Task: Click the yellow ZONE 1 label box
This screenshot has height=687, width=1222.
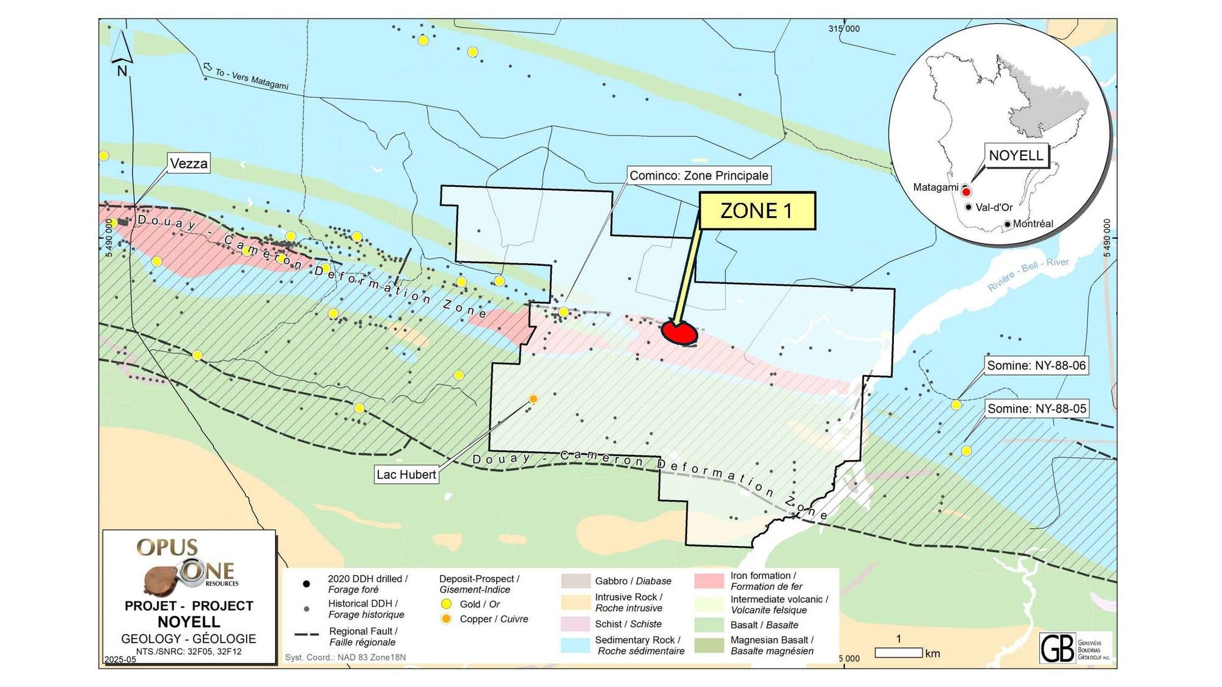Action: (x=756, y=211)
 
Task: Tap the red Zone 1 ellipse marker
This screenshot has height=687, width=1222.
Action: (x=679, y=333)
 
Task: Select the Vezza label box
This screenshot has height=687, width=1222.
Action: (x=189, y=164)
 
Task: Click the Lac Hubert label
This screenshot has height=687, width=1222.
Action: (x=406, y=474)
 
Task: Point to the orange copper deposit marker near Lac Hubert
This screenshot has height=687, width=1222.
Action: (x=533, y=399)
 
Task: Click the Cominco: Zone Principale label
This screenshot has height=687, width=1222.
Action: (x=698, y=176)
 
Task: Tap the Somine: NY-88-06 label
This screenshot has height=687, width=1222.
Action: (x=1036, y=366)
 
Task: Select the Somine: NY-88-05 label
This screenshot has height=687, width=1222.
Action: (x=1036, y=409)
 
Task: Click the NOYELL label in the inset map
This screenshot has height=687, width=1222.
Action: (x=1015, y=156)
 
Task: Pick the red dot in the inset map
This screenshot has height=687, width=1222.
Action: (x=966, y=192)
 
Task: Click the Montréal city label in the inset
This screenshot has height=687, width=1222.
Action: (x=1033, y=224)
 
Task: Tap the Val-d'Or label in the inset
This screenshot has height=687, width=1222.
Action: (x=994, y=208)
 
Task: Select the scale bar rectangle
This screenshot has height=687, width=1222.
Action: (x=898, y=653)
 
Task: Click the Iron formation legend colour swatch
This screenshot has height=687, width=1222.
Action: (x=709, y=581)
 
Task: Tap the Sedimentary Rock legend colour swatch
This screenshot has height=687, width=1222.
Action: (x=575, y=645)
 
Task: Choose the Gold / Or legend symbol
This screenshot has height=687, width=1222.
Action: (x=447, y=604)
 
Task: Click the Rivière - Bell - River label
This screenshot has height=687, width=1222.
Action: (x=1028, y=274)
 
